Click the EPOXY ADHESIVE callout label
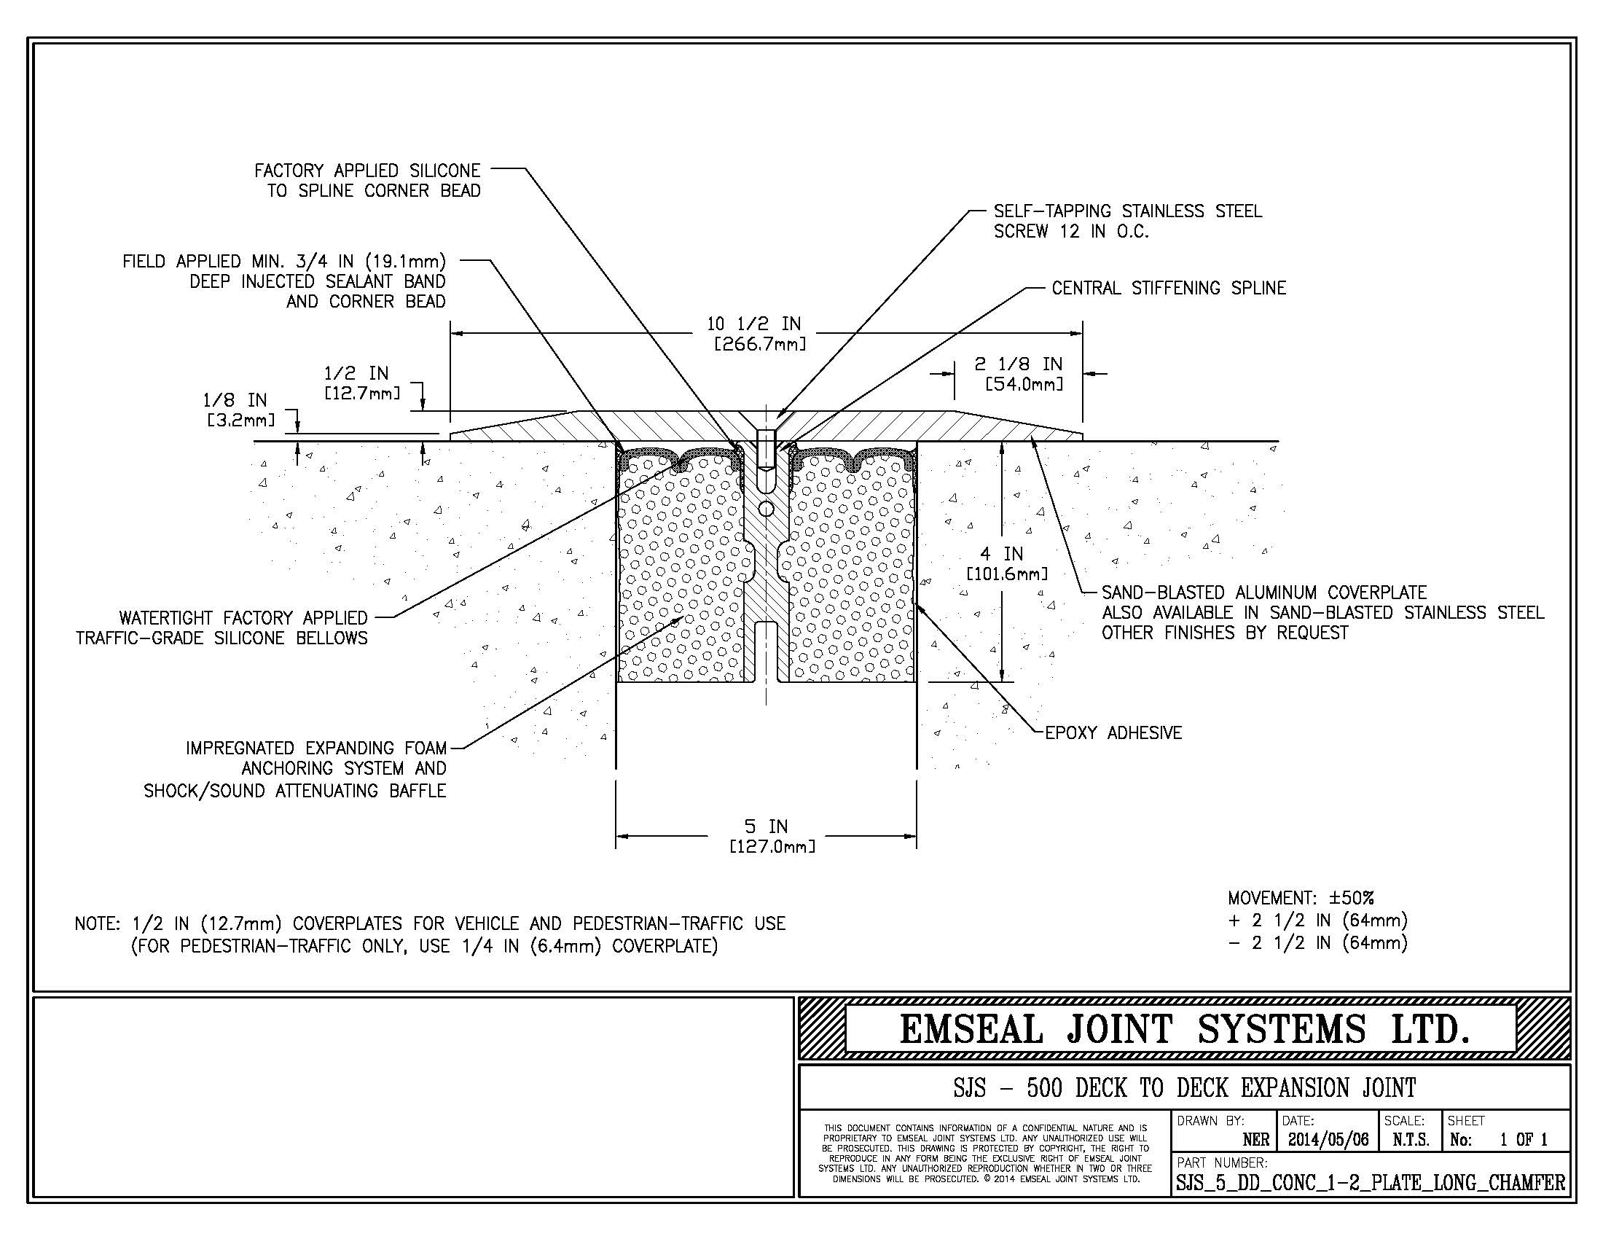pos(1113,732)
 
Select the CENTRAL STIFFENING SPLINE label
pos(1169,288)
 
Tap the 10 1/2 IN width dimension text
pos(754,324)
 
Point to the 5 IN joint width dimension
pos(766,826)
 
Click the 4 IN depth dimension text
pos(1002,554)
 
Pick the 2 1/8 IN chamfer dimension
pos(1018,364)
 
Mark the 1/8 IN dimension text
pos(235,400)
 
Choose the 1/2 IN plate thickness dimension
pos(357,374)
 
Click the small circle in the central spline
pos(766,508)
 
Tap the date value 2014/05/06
pos(1328,1140)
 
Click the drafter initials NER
pos(1256,1140)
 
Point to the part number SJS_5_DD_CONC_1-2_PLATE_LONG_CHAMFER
pos(1370,1182)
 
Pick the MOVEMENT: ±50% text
pos(1301,898)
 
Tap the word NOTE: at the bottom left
pos(98,923)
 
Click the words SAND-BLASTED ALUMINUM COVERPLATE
pos(1264,593)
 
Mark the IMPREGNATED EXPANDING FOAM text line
pos(315,748)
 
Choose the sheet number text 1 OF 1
pos(1524,1140)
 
